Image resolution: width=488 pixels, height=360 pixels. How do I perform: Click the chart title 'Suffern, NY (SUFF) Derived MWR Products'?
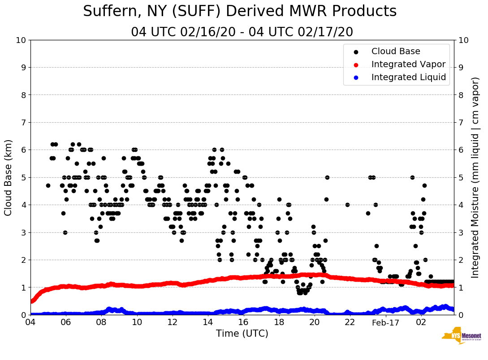[x=240, y=12]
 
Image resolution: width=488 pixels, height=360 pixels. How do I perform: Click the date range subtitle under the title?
[x=242, y=32]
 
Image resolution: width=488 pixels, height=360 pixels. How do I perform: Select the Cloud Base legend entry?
[x=396, y=51]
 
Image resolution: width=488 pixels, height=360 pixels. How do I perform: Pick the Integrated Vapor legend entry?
[x=408, y=64]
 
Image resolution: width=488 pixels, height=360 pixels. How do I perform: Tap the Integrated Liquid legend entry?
[x=409, y=77]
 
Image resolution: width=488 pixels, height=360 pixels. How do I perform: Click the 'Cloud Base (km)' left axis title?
[x=9, y=177]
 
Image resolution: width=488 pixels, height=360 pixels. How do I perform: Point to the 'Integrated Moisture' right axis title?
[x=475, y=177]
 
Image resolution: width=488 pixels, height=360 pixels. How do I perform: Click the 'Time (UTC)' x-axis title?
[x=242, y=334]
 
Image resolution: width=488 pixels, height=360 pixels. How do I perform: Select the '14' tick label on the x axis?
[x=208, y=322]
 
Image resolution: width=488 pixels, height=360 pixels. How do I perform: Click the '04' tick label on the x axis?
[x=30, y=322]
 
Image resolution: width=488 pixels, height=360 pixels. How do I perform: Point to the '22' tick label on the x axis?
[x=350, y=322]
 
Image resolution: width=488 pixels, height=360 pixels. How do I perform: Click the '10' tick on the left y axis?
[x=21, y=40]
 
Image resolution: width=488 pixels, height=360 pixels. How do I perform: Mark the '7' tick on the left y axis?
[x=23, y=123]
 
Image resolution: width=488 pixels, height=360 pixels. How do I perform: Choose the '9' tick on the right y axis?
[x=461, y=68]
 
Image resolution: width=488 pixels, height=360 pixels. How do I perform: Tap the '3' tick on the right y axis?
[x=461, y=232]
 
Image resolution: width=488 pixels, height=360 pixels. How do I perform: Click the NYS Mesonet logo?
[x=462, y=336]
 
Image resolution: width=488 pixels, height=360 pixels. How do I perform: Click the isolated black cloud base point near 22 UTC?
[x=347, y=205]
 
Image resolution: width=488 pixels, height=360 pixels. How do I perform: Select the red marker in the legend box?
[x=356, y=64]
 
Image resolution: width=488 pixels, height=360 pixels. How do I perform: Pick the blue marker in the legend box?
[x=356, y=77]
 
